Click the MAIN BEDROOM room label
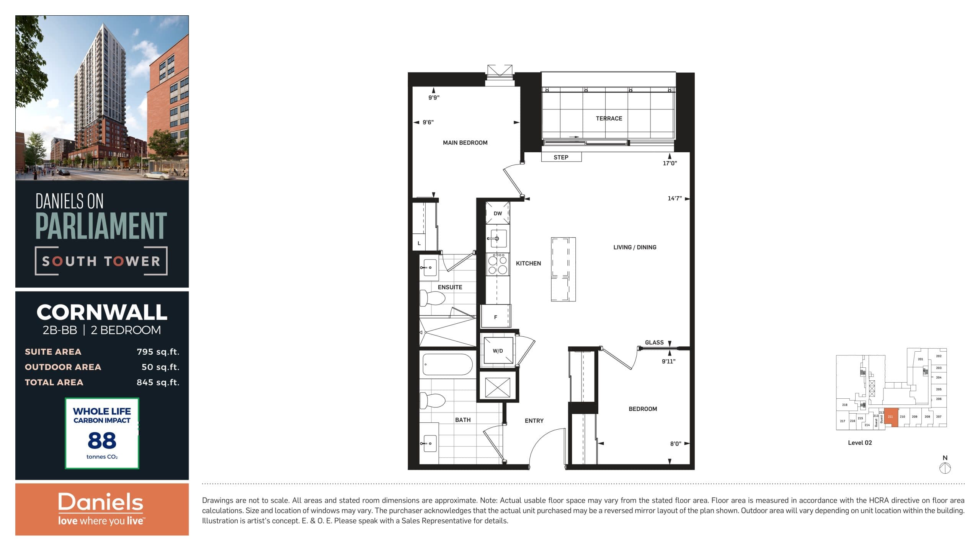click(x=465, y=143)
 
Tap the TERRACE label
click(x=609, y=119)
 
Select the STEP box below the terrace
click(x=561, y=157)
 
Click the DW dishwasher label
click(x=498, y=214)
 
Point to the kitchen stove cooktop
click(x=497, y=264)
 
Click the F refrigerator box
click(x=496, y=317)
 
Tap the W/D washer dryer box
click(x=498, y=350)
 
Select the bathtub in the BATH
click(x=448, y=364)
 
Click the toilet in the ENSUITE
click(x=432, y=298)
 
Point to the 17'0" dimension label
click(x=670, y=163)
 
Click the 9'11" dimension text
click(x=668, y=361)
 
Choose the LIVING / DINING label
click(x=635, y=248)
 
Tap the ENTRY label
click(x=534, y=421)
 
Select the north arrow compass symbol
click(x=945, y=468)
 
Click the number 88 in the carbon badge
click(x=102, y=440)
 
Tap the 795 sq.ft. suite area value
click(x=158, y=352)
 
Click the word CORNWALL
click(x=102, y=313)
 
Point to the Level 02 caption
click(x=860, y=443)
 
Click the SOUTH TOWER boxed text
click(x=101, y=261)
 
